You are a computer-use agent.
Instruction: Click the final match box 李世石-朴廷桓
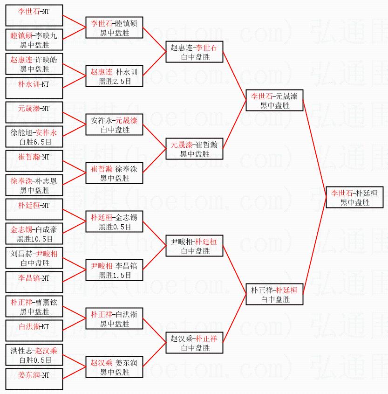pos(354,197)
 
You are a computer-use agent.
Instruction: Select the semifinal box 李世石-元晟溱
pos(274,100)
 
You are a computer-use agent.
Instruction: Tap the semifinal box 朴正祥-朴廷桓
pos(274,294)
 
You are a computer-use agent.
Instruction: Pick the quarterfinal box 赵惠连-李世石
pos(194,52)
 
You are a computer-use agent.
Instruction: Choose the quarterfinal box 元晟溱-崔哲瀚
pos(194,149)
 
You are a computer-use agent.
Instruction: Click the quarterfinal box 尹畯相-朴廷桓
pos(194,246)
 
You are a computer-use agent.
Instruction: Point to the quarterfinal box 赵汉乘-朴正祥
pos(194,343)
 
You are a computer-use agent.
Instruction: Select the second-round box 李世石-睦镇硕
pos(114,28)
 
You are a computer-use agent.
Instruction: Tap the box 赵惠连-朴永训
pos(114,76)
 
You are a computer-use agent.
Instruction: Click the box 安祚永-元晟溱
pos(114,124)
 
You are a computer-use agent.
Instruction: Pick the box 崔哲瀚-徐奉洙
pos(114,173)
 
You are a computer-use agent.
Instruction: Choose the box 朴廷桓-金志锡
pos(114,221)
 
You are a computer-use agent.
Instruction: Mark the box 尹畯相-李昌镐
pos(114,270)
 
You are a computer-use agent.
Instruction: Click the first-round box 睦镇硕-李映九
pos(34,40)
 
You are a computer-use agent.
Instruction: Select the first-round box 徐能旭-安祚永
pos(34,137)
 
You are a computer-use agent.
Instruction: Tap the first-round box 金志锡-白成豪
pos(34,234)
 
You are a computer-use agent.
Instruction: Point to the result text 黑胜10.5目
pos(34,239)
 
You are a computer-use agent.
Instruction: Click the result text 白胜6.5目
pos(34,142)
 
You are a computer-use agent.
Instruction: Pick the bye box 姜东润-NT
pos(34,379)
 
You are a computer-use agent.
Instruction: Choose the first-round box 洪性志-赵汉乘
pos(34,355)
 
